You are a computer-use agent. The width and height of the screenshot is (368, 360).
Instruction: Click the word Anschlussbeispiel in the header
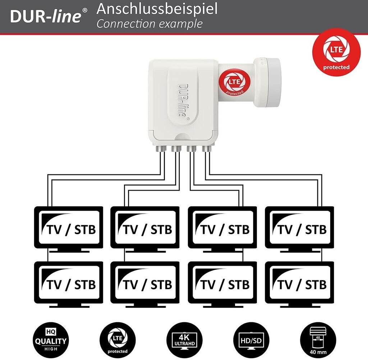pyautogui.click(x=157, y=9)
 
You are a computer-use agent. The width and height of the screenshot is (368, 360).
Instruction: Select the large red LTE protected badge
pyautogui.click(x=336, y=52)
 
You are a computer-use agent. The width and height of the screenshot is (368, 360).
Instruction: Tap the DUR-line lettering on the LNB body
pyautogui.click(x=182, y=101)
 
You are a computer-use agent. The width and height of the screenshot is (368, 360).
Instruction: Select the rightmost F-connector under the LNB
pyautogui.click(x=206, y=149)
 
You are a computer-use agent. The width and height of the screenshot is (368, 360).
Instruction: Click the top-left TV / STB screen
pyautogui.click(x=69, y=227)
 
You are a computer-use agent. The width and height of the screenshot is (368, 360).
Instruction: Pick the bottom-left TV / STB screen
pyautogui.click(x=69, y=282)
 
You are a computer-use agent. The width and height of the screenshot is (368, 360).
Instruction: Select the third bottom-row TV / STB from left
pyautogui.click(x=222, y=282)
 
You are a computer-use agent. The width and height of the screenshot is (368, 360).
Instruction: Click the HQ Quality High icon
pyautogui.click(x=51, y=340)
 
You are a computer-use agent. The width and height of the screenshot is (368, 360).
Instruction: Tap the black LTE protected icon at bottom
pyautogui.click(x=118, y=340)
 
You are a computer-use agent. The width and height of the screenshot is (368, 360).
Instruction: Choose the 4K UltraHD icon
pyautogui.click(x=184, y=340)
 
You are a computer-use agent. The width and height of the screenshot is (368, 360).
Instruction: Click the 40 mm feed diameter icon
pyautogui.click(x=318, y=340)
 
